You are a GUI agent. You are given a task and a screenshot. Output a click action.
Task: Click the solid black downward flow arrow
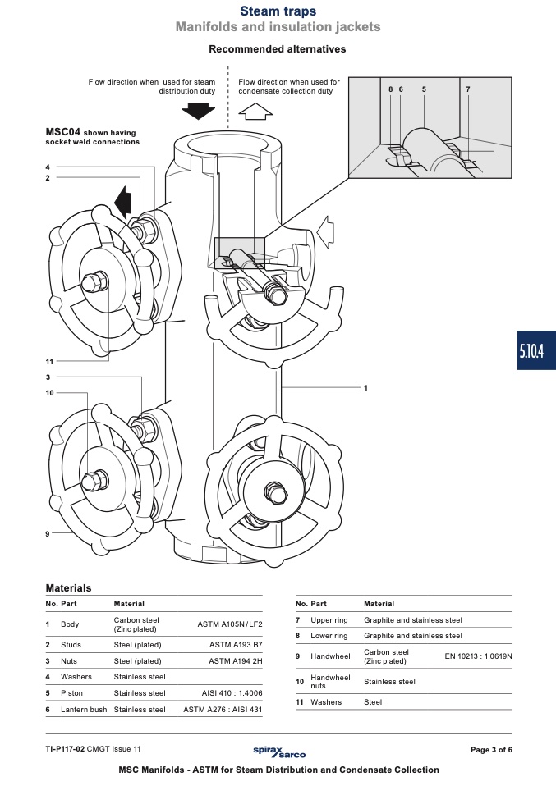pyautogui.click(x=198, y=110)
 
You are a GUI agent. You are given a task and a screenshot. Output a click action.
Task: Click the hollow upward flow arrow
pyautogui.click(x=255, y=112)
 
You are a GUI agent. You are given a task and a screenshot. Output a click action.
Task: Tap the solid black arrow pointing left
pyautogui.click(x=123, y=202)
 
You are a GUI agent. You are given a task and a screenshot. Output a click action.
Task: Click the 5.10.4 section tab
pyautogui.click(x=536, y=350)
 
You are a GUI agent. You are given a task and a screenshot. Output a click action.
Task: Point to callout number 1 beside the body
pyautogui.click(x=365, y=387)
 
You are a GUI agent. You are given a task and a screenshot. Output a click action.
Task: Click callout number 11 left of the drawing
pyautogui.click(x=49, y=362)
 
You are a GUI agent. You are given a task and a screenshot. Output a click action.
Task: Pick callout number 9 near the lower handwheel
pyautogui.click(x=48, y=534)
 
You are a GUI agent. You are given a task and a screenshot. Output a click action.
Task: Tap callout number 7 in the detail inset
pyautogui.click(x=467, y=89)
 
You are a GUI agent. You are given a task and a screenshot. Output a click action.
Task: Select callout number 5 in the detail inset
pyautogui.click(x=424, y=89)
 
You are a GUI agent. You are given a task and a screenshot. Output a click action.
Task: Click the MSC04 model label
pyautogui.click(x=62, y=132)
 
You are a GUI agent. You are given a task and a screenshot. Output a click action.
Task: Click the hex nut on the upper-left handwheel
pyautogui.click(x=95, y=282)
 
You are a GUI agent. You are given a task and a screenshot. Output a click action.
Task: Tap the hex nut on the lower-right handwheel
pyautogui.click(x=275, y=493)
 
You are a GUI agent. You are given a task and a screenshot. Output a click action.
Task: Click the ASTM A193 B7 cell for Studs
pyautogui.click(x=236, y=645)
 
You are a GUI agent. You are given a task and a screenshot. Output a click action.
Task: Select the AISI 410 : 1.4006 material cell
pyautogui.click(x=232, y=693)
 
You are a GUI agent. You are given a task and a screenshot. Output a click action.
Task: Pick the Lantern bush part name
pyautogui.click(x=84, y=710)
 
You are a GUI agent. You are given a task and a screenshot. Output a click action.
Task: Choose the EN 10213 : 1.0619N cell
pyautogui.click(x=478, y=656)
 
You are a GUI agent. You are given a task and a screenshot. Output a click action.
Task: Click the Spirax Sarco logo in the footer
pyautogui.click(x=279, y=751)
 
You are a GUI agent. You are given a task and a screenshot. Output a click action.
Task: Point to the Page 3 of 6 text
pyautogui.click(x=491, y=750)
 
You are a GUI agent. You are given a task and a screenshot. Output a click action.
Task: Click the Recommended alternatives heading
pyautogui.click(x=278, y=49)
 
